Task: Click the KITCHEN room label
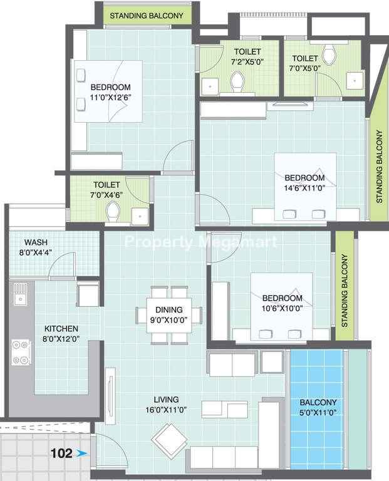tap(61, 329)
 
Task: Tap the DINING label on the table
tap(169, 309)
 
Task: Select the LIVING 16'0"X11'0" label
tap(166, 405)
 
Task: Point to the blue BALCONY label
tap(318, 402)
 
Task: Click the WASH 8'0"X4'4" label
tap(36, 247)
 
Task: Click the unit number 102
tap(61, 453)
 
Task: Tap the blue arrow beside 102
tap(81, 453)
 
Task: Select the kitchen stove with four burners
tap(21, 352)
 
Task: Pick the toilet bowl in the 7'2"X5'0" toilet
tap(237, 81)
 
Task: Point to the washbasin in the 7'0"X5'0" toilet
tap(355, 81)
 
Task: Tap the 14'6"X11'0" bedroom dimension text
tap(304, 188)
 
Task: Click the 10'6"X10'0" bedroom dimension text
tap(282, 308)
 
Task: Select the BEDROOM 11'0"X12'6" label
tap(110, 92)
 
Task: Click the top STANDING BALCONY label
tap(147, 16)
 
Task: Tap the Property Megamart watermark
tap(200, 242)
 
